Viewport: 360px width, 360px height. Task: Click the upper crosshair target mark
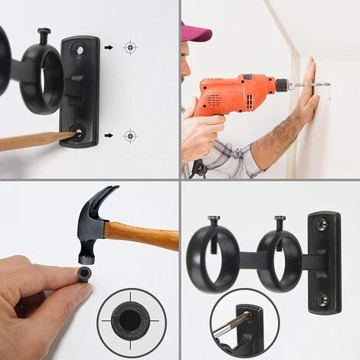pyautogui.click(x=131, y=47)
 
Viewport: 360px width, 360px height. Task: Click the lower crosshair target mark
pyautogui.click(x=131, y=136)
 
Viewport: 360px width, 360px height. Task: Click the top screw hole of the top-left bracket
pyautogui.click(x=79, y=51)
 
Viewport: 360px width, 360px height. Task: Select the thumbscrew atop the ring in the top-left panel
pyautogui.click(x=44, y=35)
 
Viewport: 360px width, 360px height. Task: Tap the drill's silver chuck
pyautogui.click(x=282, y=83)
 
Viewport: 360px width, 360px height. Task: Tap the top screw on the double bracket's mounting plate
pyautogui.click(x=322, y=227)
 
